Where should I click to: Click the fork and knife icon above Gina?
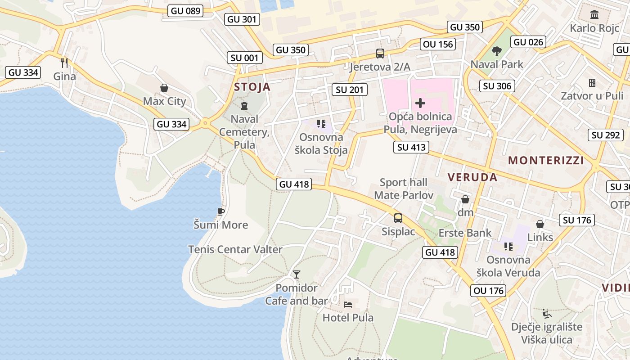pyautogui.click(x=64, y=63)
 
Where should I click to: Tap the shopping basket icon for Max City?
pyautogui.click(x=164, y=88)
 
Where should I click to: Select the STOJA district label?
pyautogui.click(x=252, y=87)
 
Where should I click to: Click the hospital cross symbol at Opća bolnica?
pyautogui.click(x=420, y=103)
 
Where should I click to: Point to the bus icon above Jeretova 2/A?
pyautogui.click(x=380, y=54)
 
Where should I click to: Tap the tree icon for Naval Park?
pyautogui.click(x=497, y=51)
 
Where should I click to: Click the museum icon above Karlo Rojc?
pyautogui.click(x=594, y=14)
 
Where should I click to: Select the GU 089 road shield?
pyautogui.click(x=186, y=10)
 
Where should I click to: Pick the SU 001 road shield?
pyautogui.click(x=244, y=57)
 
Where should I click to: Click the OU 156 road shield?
pyautogui.click(x=438, y=44)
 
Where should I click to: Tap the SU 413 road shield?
pyautogui.click(x=411, y=147)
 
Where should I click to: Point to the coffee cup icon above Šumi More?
pyautogui.click(x=220, y=211)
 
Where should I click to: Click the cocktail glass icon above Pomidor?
pyautogui.click(x=296, y=274)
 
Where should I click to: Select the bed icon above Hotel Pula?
pyautogui.click(x=348, y=304)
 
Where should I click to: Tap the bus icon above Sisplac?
pyautogui.click(x=398, y=218)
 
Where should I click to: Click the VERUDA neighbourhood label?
pyautogui.click(x=472, y=177)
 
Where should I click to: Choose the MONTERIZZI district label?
pyautogui.click(x=546, y=160)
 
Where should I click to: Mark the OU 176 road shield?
pyautogui.click(x=489, y=291)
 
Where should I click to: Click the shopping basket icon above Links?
pyautogui.click(x=540, y=224)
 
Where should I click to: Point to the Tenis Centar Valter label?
pyautogui.click(x=235, y=249)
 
